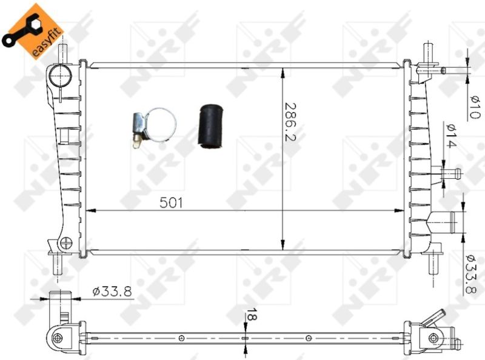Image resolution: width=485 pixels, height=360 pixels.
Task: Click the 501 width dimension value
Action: (x=171, y=202)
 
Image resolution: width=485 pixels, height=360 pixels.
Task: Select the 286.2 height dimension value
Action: (x=290, y=122)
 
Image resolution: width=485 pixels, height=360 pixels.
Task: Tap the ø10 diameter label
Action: (x=474, y=107)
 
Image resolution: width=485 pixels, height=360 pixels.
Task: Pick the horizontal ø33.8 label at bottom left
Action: (x=112, y=292)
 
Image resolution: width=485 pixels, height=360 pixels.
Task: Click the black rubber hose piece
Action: (x=210, y=126)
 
